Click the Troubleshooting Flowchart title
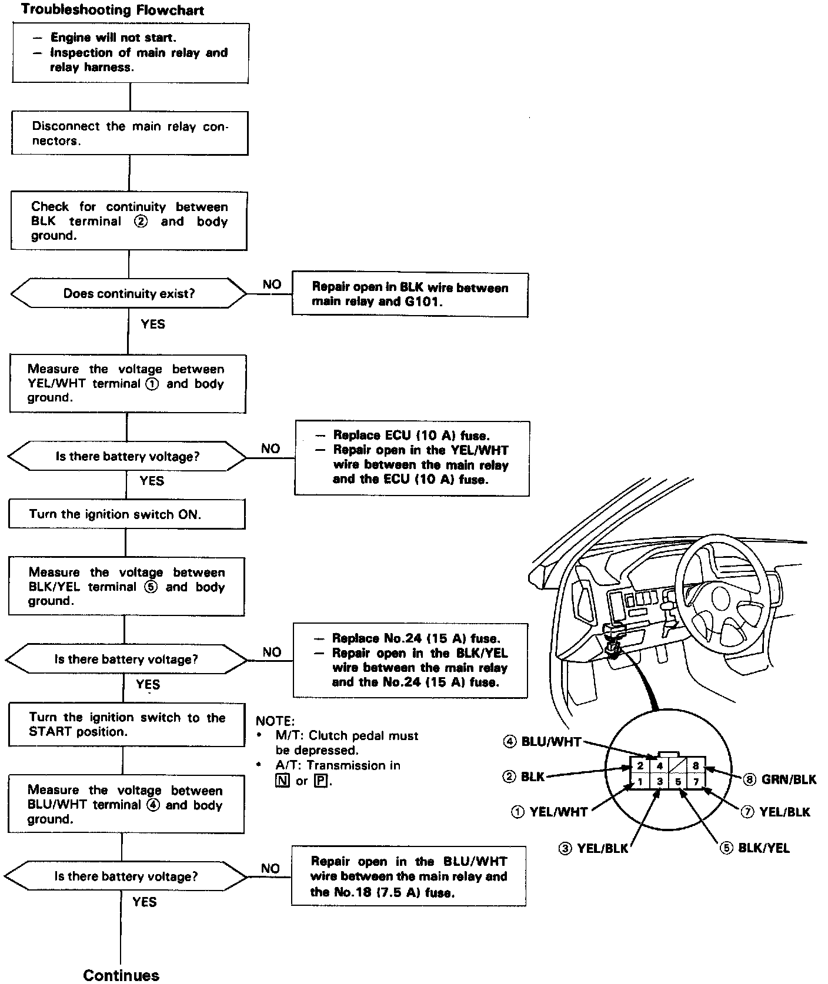click(x=112, y=10)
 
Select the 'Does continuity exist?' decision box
click(x=129, y=293)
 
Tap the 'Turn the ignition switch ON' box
click(x=126, y=514)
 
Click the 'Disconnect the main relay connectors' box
click(x=129, y=133)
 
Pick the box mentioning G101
click(x=410, y=295)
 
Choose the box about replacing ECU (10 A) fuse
click(x=412, y=458)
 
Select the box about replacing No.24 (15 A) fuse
click(x=410, y=660)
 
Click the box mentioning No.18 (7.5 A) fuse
click(x=409, y=876)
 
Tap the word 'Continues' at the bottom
click(x=121, y=975)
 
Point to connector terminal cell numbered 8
click(x=696, y=766)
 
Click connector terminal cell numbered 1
click(x=640, y=782)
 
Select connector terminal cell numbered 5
click(x=678, y=782)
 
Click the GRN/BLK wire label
click(x=789, y=779)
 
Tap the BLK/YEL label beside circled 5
click(x=763, y=848)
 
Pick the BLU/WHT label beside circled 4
click(x=551, y=742)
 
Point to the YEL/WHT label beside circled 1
click(x=558, y=812)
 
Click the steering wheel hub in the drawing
click(x=722, y=598)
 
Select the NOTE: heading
click(x=275, y=721)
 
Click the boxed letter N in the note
click(x=282, y=781)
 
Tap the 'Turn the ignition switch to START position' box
click(x=126, y=724)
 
